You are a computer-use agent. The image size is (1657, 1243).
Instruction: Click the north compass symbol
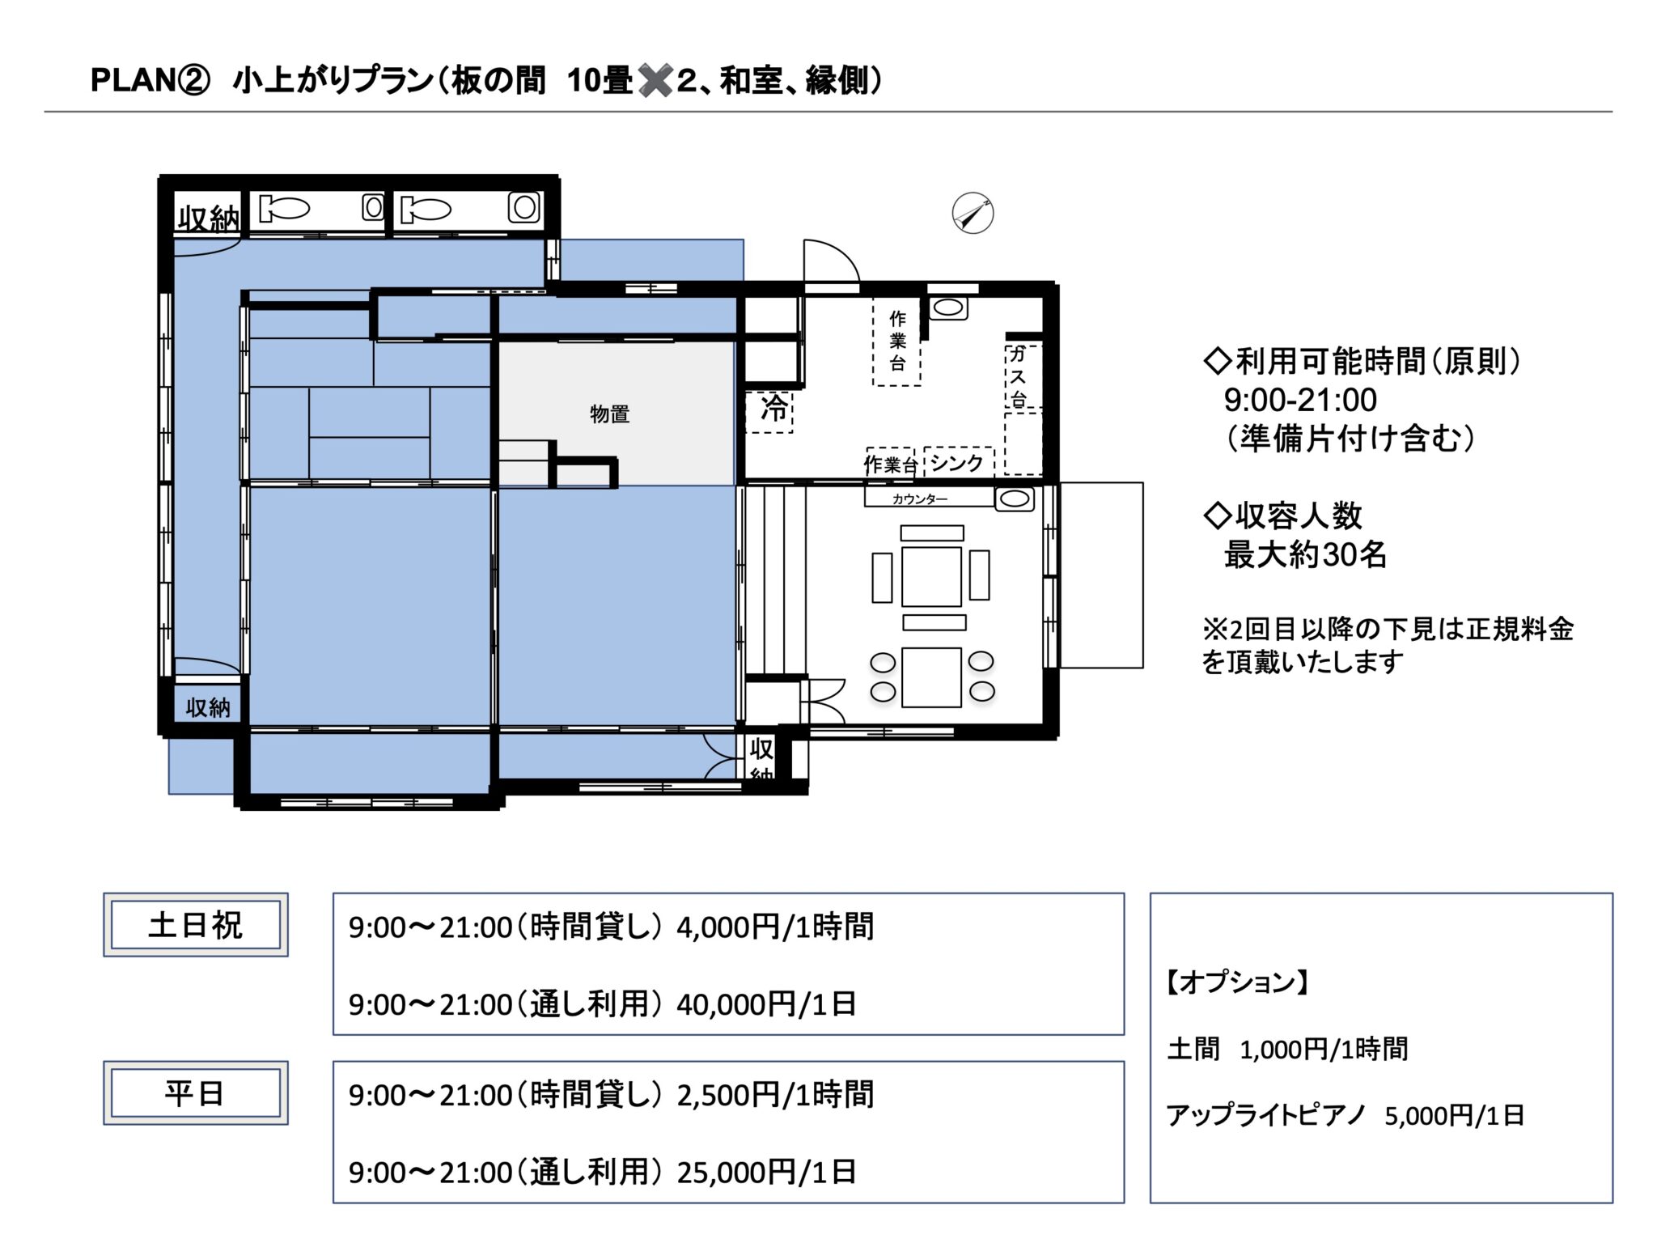coord(973,214)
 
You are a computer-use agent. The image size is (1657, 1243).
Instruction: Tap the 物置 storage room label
coord(609,414)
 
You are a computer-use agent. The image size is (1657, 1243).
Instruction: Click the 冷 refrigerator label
coord(773,409)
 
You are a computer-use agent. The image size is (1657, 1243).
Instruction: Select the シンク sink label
coord(956,463)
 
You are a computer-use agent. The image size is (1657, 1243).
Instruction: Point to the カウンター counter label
coord(920,499)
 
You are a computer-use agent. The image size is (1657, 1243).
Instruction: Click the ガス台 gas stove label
coord(1018,376)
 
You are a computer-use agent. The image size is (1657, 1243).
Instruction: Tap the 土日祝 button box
coord(196,925)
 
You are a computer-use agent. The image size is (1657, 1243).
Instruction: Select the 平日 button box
coord(196,1093)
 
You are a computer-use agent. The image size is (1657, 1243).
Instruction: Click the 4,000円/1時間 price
coord(775,927)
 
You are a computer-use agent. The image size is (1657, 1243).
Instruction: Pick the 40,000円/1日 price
coord(766,1004)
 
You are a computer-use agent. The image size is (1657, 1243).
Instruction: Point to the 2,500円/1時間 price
coord(775,1095)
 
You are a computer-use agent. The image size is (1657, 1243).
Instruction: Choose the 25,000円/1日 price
coord(766,1172)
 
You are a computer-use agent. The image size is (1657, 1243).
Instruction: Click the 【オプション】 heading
coord(1237,982)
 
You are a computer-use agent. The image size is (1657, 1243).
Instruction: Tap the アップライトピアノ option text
coord(1266,1115)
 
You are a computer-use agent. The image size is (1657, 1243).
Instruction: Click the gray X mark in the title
coord(655,81)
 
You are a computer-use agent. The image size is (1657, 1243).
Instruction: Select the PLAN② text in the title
coord(150,80)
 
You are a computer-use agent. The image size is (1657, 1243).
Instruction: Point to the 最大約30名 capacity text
coord(1305,554)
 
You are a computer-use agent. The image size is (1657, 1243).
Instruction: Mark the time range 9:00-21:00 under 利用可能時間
coord(1300,400)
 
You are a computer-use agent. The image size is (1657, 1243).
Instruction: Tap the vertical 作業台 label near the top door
coord(897,341)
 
